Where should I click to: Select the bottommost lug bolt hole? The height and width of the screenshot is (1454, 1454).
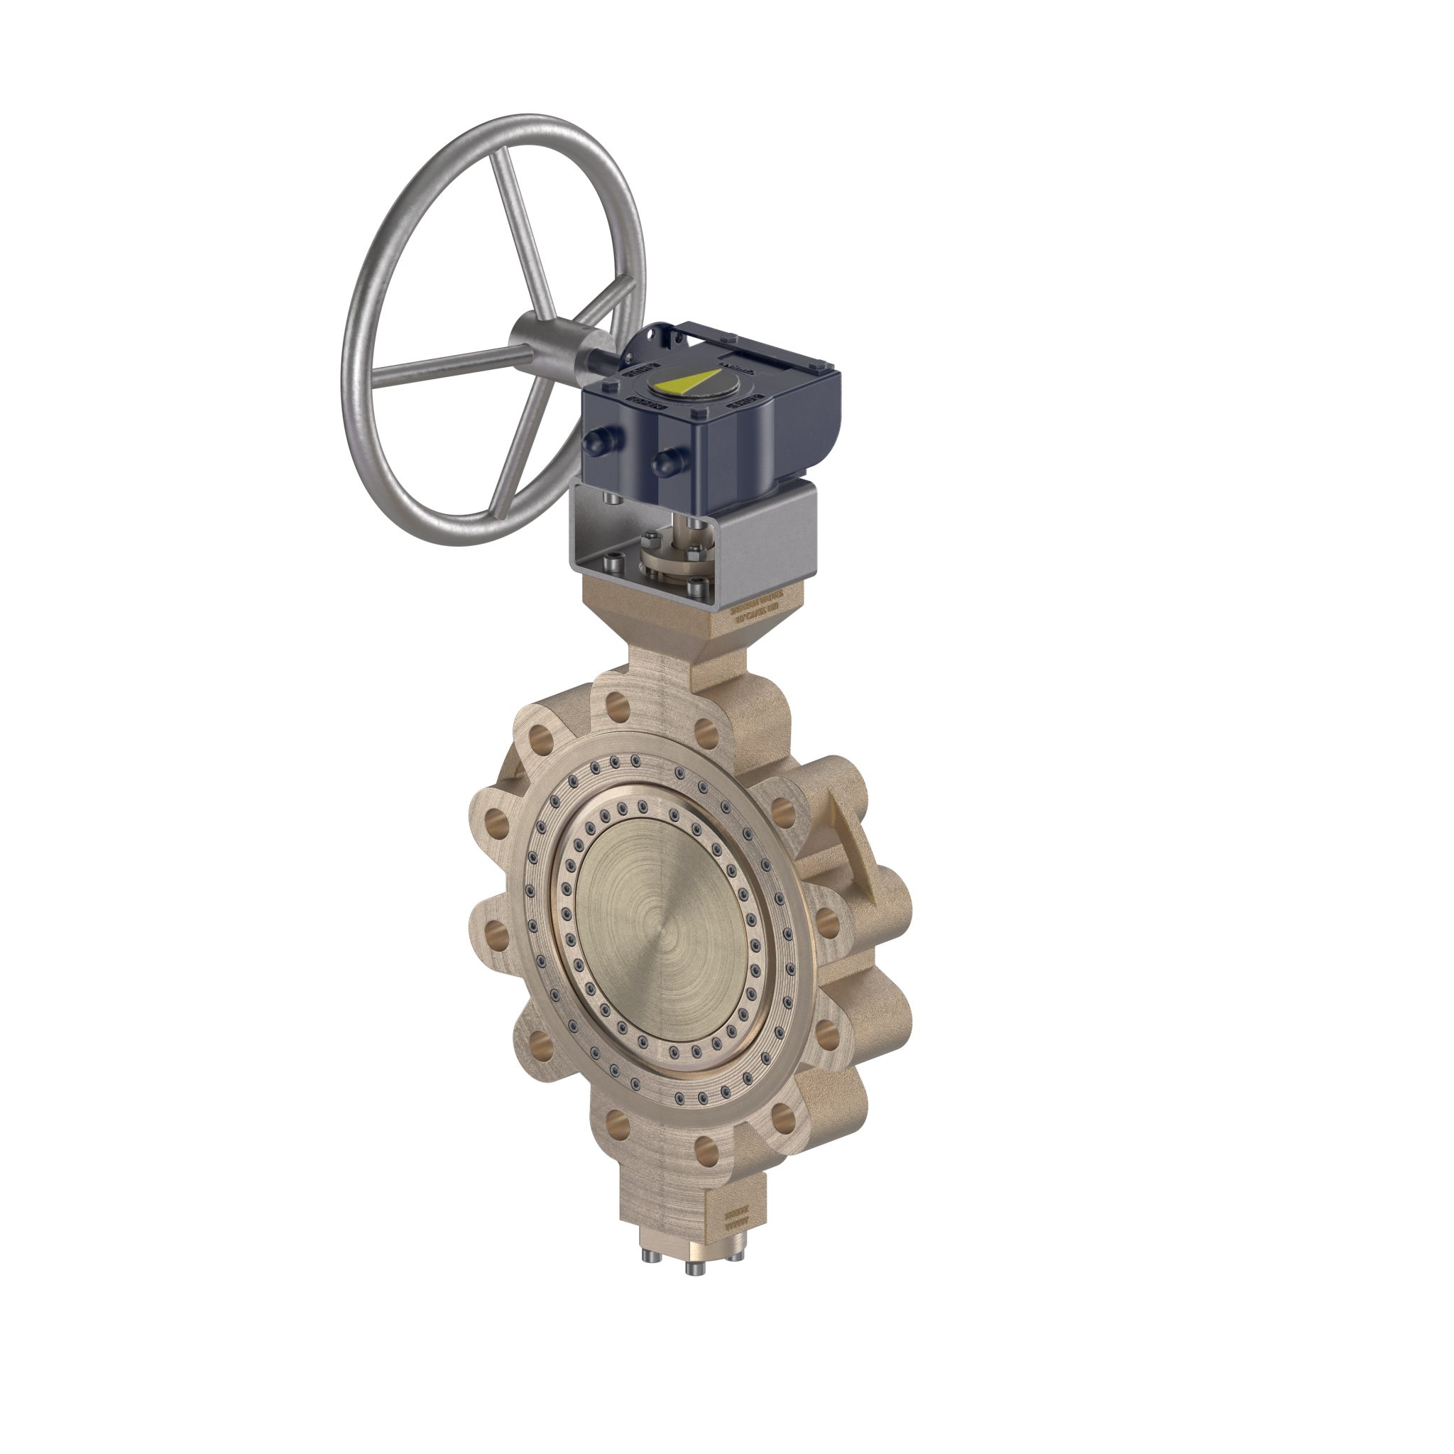[x=707, y=1169]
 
